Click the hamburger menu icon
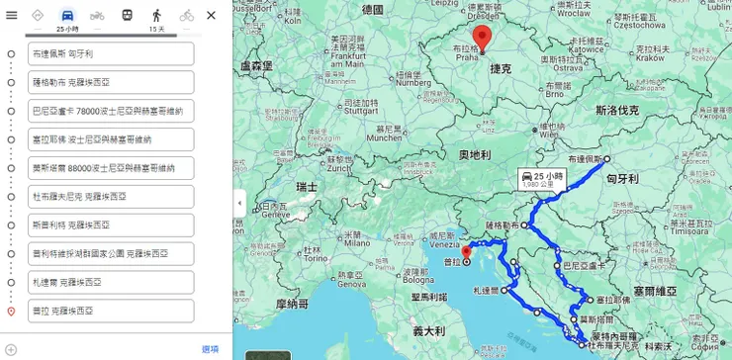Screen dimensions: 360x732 click(12, 15)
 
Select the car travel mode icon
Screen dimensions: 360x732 click(66, 15)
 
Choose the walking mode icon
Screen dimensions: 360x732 click(156, 15)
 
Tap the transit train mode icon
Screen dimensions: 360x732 click(127, 15)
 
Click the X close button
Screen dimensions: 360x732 click(211, 15)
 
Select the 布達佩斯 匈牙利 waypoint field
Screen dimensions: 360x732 click(111, 53)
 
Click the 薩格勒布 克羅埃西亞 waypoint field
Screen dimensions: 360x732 click(111, 82)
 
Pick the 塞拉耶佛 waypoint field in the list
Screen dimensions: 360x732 click(111, 139)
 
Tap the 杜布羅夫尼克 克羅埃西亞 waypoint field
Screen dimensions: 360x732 click(111, 197)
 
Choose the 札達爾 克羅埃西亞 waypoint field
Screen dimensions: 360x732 click(111, 282)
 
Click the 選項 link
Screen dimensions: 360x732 click(210, 348)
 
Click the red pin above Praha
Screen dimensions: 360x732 click(483, 38)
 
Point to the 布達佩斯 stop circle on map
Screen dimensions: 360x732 click(606, 159)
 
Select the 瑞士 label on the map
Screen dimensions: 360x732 click(307, 186)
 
